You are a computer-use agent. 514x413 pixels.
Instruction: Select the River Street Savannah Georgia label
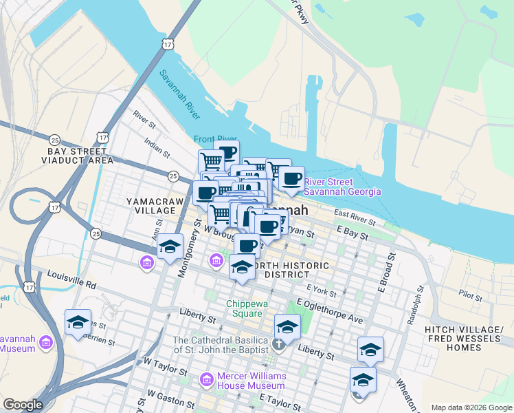click(x=342, y=187)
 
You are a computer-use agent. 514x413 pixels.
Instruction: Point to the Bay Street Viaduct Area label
click(x=77, y=156)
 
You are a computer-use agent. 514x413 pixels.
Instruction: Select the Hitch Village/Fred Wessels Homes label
click(x=462, y=338)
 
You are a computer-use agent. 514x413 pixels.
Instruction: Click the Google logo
click(x=23, y=405)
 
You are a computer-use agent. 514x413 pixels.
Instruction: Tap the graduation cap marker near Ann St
click(x=169, y=248)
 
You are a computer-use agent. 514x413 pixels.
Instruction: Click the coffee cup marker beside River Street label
click(x=291, y=178)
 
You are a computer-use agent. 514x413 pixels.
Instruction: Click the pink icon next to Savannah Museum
click(x=46, y=342)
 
